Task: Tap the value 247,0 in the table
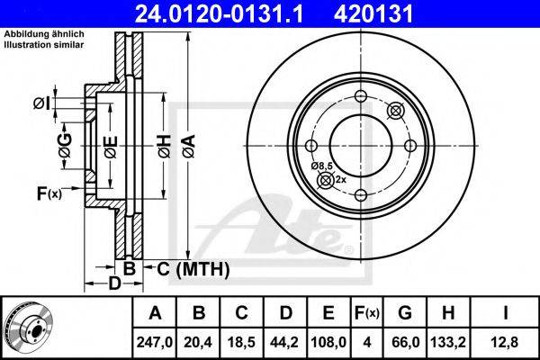tap(155, 342)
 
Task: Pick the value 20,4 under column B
tap(200, 342)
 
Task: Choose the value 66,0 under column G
tap(406, 342)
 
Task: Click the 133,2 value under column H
tap(453, 342)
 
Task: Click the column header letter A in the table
tap(155, 313)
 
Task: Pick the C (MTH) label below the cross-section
tap(193, 268)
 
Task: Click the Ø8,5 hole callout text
tap(322, 166)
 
